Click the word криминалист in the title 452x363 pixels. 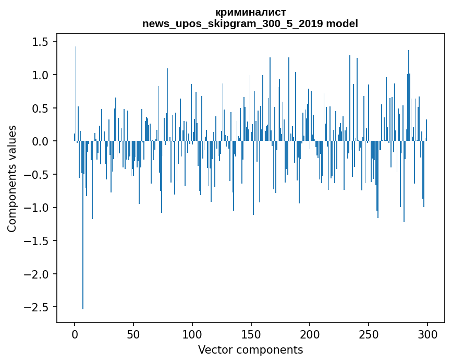pyautogui.click(x=250, y=12)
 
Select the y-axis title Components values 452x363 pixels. pyautogui.click(x=12, y=178)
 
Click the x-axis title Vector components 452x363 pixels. pyautogui.click(x=250, y=349)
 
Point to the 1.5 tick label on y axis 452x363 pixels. pyautogui.click(x=41, y=42)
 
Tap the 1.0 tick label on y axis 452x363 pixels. pyautogui.click(x=41, y=75)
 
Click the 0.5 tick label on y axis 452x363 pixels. pyautogui.click(x=41, y=108)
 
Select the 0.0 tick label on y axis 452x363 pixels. pyautogui.click(x=41, y=141)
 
